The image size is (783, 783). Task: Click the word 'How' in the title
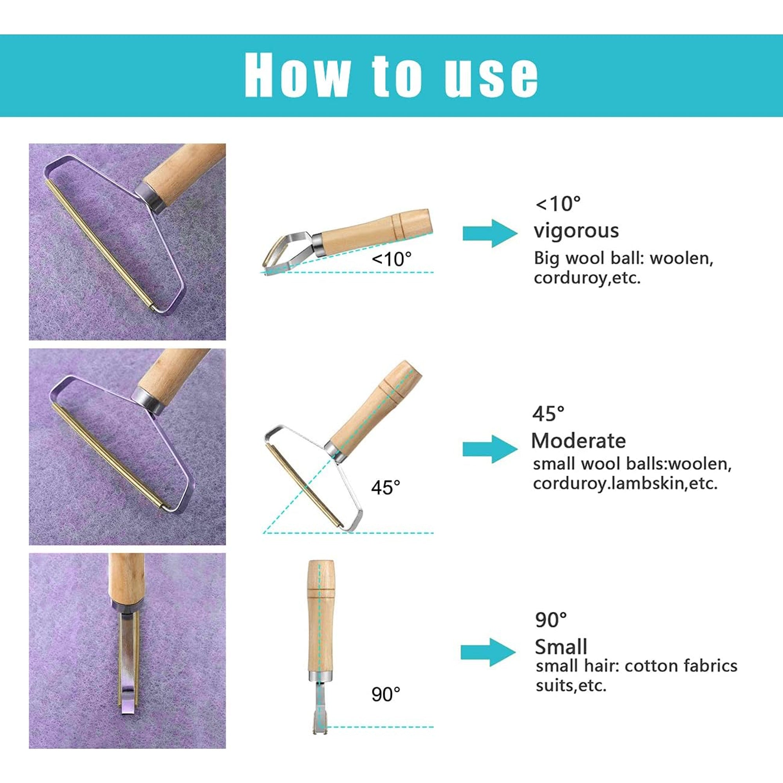click(x=297, y=76)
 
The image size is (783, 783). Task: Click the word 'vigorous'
click(x=576, y=231)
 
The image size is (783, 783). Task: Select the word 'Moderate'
click(x=578, y=441)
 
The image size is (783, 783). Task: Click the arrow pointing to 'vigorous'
click(x=490, y=233)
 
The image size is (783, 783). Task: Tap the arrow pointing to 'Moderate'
click(x=490, y=449)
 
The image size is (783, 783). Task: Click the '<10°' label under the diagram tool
click(x=391, y=259)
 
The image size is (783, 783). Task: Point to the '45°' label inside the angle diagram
click(x=385, y=487)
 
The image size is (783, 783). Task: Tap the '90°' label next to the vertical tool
click(x=385, y=694)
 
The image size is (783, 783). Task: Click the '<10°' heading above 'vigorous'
click(x=558, y=204)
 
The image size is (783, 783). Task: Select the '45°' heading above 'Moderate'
click(x=548, y=414)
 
